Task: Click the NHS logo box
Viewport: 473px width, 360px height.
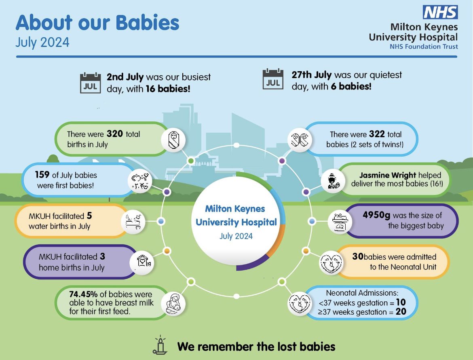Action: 440,12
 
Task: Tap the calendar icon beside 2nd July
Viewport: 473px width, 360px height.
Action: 90,83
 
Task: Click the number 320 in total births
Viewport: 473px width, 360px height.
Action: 114,134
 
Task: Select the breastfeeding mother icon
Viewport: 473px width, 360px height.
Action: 174,303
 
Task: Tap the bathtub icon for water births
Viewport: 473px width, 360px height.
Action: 133,221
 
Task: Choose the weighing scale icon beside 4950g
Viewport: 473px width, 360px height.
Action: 340,221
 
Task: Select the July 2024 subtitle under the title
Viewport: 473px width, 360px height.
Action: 42,42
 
